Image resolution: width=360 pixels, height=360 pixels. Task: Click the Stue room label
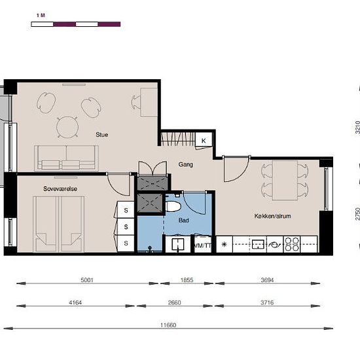click(101, 135)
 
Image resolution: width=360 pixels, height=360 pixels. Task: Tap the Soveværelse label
click(60, 189)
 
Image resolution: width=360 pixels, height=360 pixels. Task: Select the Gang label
click(186, 164)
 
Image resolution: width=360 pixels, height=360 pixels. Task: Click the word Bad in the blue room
click(184, 221)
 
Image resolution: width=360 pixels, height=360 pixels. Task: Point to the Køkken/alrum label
click(272, 216)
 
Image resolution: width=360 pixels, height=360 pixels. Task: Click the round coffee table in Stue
click(67, 127)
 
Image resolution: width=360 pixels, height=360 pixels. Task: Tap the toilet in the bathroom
click(173, 206)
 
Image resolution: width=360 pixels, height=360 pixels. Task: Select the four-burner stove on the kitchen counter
click(292, 244)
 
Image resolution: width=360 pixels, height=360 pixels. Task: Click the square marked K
click(204, 141)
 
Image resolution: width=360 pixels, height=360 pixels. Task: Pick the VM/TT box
click(202, 245)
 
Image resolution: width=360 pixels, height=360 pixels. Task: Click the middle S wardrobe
click(126, 227)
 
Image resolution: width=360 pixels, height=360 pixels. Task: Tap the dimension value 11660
click(168, 325)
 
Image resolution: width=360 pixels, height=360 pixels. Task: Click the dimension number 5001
click(87, 280)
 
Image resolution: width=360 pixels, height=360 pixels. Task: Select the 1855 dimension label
click(187, 280)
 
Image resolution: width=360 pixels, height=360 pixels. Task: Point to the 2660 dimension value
click(174, 302)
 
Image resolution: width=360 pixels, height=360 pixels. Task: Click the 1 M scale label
click(41, 16)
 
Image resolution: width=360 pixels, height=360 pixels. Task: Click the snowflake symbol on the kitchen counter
click(224, 244)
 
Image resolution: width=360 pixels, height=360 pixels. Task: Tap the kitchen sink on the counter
click(258, 244)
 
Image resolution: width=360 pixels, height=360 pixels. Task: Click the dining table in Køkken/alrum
click(285, 180)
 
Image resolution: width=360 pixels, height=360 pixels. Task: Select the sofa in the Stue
click(66, 158)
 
